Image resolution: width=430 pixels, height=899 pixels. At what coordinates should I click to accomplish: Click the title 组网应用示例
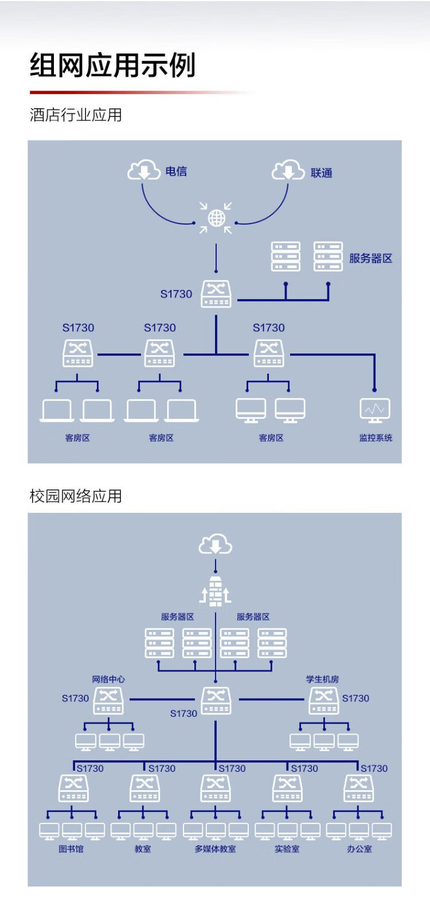point(112,65)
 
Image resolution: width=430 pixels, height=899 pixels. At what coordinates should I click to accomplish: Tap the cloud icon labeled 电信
point(143,170)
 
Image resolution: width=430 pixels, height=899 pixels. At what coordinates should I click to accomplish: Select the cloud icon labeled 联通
point(288,170)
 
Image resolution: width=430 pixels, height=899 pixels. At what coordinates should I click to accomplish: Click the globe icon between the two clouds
point(216,218)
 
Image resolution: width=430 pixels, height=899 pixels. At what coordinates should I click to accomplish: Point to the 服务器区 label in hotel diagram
point(370,258)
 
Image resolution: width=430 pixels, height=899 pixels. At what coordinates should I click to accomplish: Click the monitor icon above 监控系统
point(375,410)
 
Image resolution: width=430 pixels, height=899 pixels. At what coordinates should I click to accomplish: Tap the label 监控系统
point(376,438)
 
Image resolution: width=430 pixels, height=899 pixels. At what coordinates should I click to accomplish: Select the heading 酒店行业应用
point(76,115)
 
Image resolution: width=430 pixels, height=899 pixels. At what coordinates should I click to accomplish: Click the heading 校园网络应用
point(76,496)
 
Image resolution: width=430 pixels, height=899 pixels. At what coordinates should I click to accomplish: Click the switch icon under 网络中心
point(108,700)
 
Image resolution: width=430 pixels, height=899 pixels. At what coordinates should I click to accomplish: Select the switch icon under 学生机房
point(324,700)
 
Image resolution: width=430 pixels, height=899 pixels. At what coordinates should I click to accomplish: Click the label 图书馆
point(71,849)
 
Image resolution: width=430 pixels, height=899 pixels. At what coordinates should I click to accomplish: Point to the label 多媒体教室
point(215,849)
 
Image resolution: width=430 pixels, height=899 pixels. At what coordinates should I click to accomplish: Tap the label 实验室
point(287,849)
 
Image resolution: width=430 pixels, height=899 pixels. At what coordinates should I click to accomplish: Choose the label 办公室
point(359,849)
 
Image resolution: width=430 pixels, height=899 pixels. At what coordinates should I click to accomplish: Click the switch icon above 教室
point(144,788)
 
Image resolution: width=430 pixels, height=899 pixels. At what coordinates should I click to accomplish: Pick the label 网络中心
point(108,680)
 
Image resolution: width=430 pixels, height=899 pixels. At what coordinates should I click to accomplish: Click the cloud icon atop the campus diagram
point(215,544)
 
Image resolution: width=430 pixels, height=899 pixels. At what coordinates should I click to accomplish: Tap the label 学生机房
point(322,680)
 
